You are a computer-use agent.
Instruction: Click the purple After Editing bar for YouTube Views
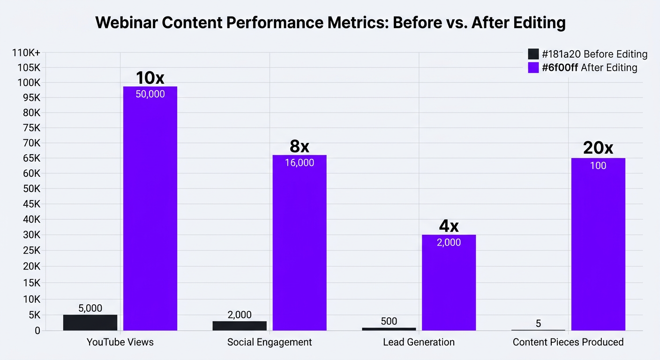click(x=150, y=209)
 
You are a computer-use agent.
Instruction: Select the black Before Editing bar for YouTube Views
click(x=90, y=322)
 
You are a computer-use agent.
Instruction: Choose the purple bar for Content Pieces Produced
click(x=598, y=244)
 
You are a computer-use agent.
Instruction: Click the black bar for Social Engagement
click(x=240, y=326)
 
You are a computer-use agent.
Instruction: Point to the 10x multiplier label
click(x=150, y=78)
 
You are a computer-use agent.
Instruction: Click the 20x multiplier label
click(x=598, y=148)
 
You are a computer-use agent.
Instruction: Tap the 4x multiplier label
click(x=449, y=226)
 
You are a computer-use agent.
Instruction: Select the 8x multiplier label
click(x=300, y=146)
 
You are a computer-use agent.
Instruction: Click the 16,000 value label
click(x=300, y=163)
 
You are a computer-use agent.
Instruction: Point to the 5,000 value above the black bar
click(x=90, y=308)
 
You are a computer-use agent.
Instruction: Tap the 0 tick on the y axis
click(x=37, y=330)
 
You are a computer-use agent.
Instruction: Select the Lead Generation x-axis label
click(x=419, y=342)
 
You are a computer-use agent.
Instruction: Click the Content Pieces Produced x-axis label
click(x=568, y=342)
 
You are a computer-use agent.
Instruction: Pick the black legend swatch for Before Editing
click(x=533, y=54)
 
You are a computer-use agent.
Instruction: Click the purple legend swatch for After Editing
click(x=533, y=67)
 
